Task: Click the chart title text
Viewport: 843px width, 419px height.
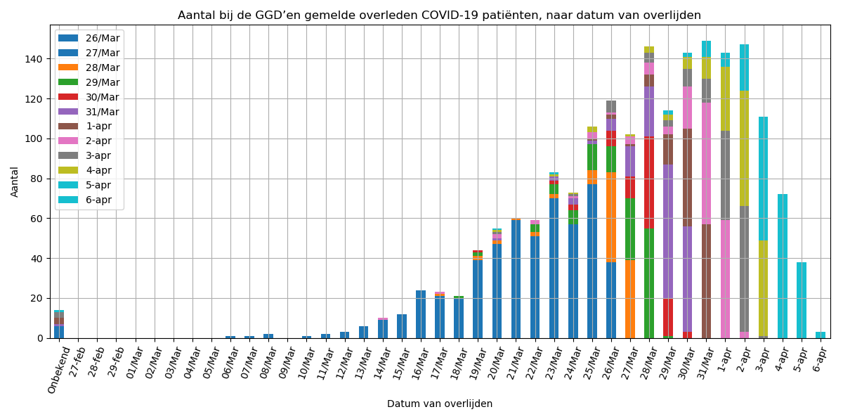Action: (x=439, y=15)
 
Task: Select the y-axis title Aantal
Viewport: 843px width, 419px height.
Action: (x=15, y=181)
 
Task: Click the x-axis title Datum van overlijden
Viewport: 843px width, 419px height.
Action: (x=439, y=404)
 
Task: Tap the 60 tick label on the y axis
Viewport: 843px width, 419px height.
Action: (x=38, y=219)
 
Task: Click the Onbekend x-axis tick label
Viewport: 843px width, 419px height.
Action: (x=60, y=369)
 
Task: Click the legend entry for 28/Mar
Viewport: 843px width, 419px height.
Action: (x=103, y=67)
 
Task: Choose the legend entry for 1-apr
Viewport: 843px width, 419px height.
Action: (x=99, y=127)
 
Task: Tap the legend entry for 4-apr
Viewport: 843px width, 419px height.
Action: (x=99, y=171)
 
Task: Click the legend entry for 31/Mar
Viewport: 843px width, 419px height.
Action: (x=103, y=112)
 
